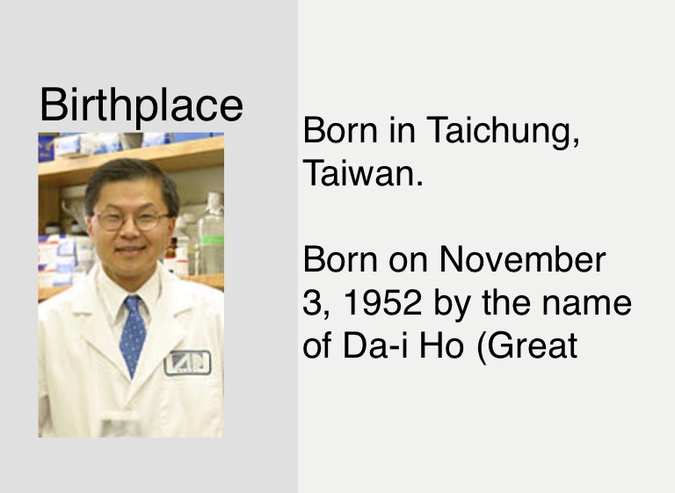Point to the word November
pos(522,259)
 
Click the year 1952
pos(381,302)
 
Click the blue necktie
pos(133,334)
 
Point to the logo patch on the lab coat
pos(187,363)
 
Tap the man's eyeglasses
pos(132,220)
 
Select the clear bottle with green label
pos(211,235)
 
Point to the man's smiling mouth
pos(130,250)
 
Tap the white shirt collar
pos(129,297)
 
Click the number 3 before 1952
pos(310,302)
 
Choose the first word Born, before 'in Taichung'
pos(340,130)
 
